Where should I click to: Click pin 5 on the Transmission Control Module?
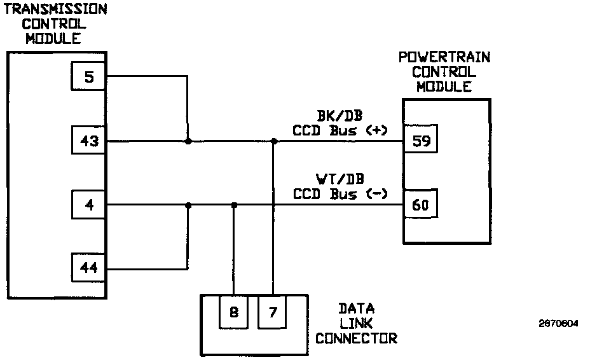tap(88, 77)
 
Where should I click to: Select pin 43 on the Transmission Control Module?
tap(88, 141)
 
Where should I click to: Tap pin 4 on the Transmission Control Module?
tap(88, 205)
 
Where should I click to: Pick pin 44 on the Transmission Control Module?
tap(88, 268)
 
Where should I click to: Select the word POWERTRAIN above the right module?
tap(444, 57)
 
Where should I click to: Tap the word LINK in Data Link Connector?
tap(356, 323)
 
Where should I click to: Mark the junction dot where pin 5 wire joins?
tap(188, 141)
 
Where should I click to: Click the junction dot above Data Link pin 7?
tap(273, 141)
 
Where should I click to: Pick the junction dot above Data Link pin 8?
tap(234, 205)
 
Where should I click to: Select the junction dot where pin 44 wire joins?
tap(188, 205)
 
